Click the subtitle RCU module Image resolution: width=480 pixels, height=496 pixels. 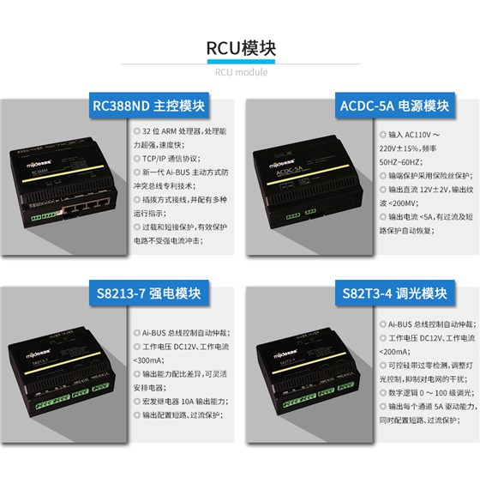click(x=241, y=72)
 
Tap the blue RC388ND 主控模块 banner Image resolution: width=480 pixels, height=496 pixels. click(x=150, y=106)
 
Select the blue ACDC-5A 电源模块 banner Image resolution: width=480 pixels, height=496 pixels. click(x=393, y=106)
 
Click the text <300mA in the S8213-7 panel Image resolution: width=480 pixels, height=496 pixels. click(x=151, y=360)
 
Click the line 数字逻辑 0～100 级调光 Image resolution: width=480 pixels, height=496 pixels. click(x=425, y=391)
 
